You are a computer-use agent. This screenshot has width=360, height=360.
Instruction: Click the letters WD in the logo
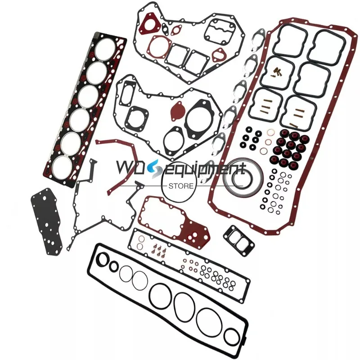click(130, 169)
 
